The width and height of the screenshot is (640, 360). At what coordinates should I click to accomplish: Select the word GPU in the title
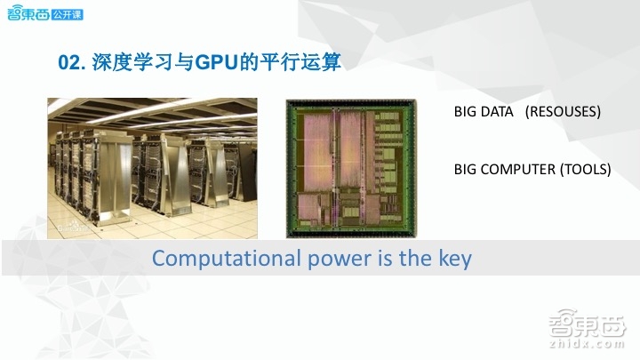[214, 62]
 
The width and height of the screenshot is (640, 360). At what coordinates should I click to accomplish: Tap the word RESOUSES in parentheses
[563, 113]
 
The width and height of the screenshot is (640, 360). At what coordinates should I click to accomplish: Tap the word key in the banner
[453, 259]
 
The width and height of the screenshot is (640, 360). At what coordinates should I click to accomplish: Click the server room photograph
[152, 167]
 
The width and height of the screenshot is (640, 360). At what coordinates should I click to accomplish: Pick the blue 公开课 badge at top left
[68, 15]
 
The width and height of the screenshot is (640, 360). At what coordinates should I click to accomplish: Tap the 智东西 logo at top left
[27, 15]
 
